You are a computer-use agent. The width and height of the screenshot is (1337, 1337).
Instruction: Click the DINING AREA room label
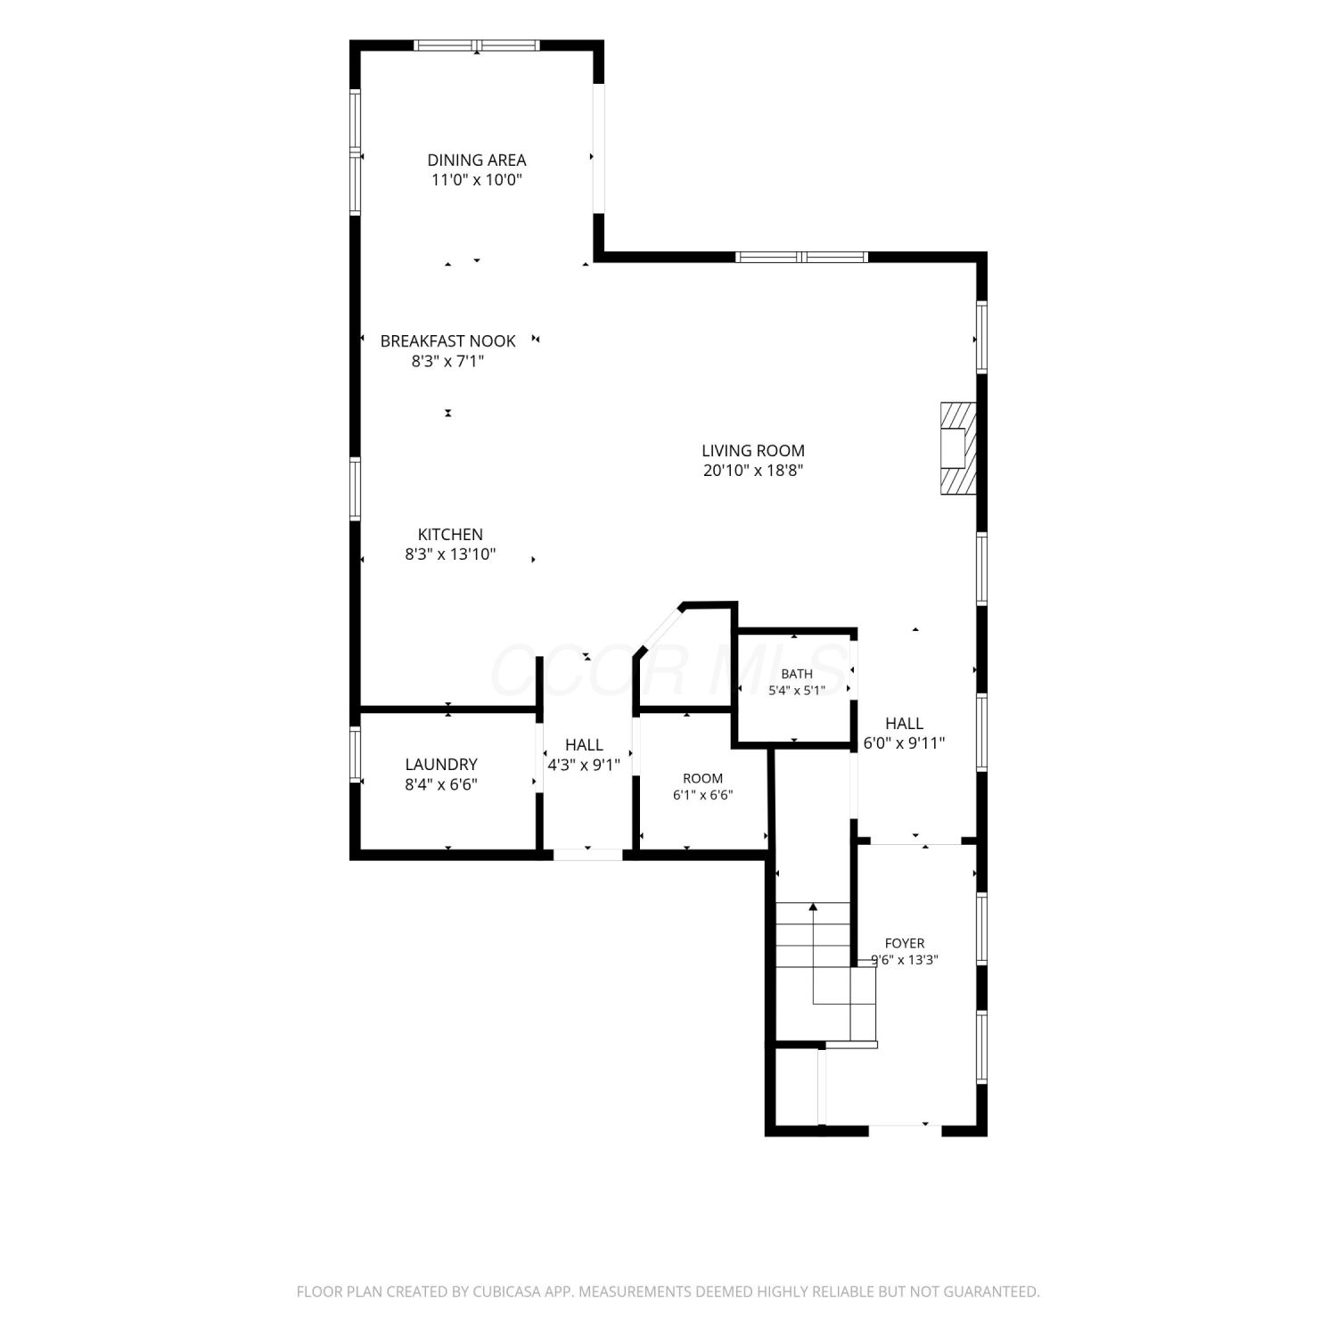point(477,160)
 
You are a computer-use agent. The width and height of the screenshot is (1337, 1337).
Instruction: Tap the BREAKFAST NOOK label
point(447,341)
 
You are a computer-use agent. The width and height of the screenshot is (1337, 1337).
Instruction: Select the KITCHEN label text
point(450,535)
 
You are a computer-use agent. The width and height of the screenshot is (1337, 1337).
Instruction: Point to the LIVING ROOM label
point(753,451)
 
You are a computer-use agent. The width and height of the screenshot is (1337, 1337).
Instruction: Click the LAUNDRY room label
point(441,765)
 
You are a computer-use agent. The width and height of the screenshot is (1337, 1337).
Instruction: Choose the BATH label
point(797,674)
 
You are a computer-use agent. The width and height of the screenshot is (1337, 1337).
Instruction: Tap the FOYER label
point(905,943)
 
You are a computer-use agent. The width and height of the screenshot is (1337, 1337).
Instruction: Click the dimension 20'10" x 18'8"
point(753,471)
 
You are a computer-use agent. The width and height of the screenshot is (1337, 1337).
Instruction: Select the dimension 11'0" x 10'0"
point(477,180)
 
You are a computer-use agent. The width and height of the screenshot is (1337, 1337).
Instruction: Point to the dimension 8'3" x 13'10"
point(450,554)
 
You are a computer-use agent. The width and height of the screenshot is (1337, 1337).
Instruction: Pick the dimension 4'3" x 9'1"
point(584,765)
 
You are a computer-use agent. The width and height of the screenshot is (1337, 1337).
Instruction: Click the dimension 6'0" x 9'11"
point(904,743)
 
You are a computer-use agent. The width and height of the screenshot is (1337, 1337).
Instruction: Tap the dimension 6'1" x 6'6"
point(703,795)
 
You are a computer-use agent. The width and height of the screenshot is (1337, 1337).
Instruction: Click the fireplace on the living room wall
point(958,447)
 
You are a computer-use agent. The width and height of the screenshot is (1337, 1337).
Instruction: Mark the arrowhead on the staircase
point(813,907)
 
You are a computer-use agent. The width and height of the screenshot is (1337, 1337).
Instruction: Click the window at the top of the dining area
point(477,45)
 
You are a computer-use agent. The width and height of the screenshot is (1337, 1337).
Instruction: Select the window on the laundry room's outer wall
point(356,755)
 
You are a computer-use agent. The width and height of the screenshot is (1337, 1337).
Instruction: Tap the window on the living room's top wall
point(802,258)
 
